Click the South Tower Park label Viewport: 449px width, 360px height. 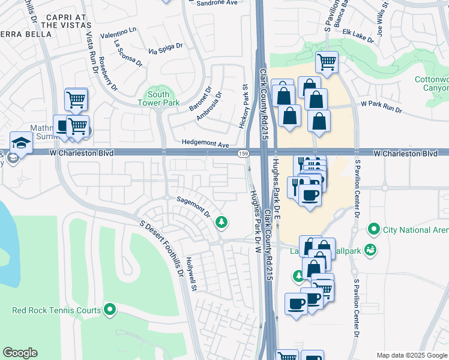click(159, 98)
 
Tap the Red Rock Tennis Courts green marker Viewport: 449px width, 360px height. click(110, 310)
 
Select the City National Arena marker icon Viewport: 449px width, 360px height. click(373, 229)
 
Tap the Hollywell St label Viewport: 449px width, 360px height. click(191, 274)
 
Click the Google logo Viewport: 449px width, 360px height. click(20, 353)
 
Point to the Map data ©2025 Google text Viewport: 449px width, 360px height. click(411, 355)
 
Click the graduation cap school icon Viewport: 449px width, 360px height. click(20, 143)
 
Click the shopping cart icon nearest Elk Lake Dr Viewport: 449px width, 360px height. click(327, 61)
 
